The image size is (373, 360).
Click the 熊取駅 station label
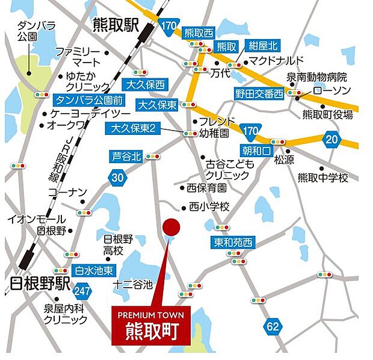116,25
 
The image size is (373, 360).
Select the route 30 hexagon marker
118,177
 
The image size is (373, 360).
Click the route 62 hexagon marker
273,327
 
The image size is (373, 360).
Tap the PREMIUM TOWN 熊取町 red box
155,326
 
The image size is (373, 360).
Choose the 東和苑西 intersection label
233,243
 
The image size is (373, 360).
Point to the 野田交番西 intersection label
259,93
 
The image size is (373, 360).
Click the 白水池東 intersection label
93,271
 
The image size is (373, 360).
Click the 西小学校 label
209,206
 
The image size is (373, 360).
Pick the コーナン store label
67,192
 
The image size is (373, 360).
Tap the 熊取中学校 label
323,178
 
